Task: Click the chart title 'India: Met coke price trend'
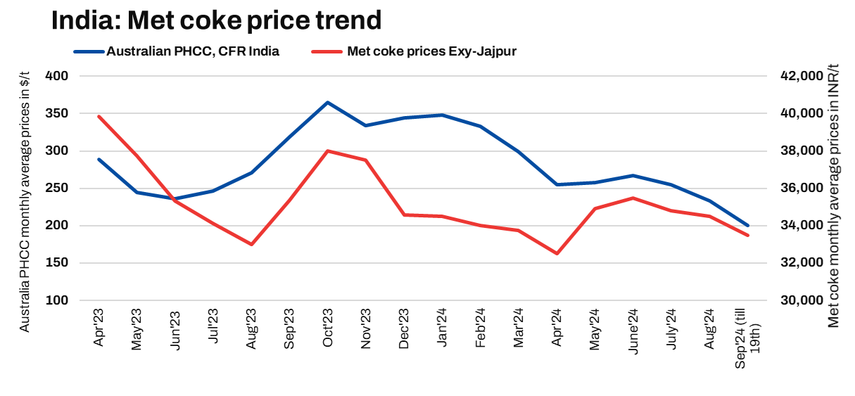coord(216,20)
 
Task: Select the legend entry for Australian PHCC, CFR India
coord(192,51)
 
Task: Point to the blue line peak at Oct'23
coord(327,103)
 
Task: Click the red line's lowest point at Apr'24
coord(557,253)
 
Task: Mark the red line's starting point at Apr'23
coord(99,116)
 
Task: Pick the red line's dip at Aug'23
coord(251,244)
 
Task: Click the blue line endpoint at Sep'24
coord(747,225)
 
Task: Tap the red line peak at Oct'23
coord(327,151)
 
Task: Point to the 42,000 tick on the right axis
coord(802,76)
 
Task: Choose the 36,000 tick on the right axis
coord(802,189)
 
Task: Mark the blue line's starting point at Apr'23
coord(99,159)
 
